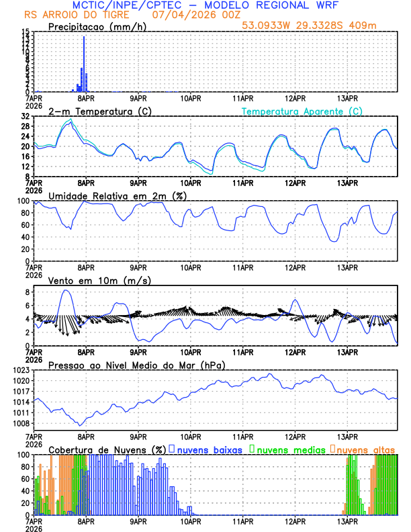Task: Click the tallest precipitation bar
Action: click(84, 64)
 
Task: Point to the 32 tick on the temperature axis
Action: click(26, 116)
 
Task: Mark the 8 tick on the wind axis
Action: click(28, 292)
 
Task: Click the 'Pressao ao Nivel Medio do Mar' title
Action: click(136, 365)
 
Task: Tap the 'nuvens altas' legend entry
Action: click(363, 449)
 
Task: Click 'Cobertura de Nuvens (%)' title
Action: click(107, 449)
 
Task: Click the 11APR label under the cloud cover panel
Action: click(242, 521)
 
